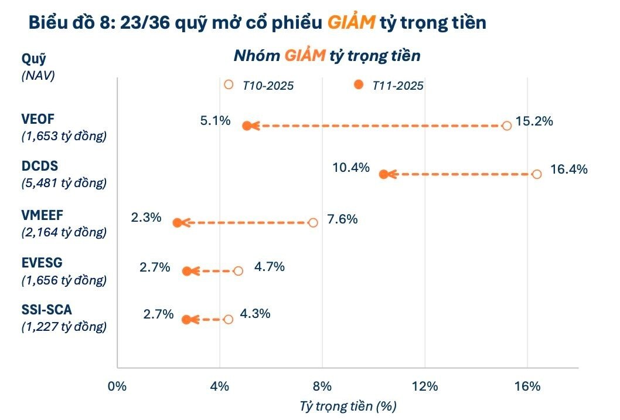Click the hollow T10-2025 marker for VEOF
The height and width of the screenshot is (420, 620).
507,126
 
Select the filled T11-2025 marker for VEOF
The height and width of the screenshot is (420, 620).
247,126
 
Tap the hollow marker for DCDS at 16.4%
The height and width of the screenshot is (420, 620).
537,174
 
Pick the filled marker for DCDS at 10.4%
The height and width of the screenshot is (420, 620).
383,174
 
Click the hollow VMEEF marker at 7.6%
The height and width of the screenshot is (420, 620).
313,222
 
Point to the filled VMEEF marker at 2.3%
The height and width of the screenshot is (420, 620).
177,222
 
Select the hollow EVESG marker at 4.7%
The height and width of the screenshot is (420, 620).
238,271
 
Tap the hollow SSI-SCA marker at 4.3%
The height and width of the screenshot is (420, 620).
228,319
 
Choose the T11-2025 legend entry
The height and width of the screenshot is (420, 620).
389,85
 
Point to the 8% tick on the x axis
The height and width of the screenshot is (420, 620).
322,386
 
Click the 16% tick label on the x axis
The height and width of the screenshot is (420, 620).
527,386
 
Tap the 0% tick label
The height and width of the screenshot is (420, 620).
117,386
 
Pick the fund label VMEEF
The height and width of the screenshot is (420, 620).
43,215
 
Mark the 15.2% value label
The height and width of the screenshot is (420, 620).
534,123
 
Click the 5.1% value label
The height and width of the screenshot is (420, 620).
215,122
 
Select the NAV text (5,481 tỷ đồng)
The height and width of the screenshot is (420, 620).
64,183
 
